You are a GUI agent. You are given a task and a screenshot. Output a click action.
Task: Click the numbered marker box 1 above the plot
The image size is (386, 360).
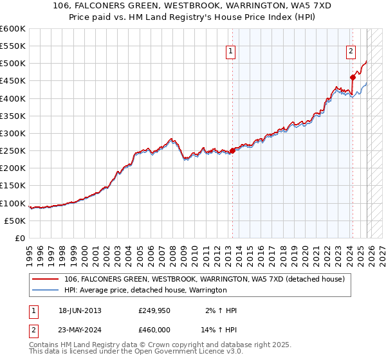tap(230, 53)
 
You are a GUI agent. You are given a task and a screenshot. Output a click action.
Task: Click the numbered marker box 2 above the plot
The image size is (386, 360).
tap(351, 53)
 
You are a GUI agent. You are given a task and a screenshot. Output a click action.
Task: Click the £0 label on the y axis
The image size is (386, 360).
tap(20, 238)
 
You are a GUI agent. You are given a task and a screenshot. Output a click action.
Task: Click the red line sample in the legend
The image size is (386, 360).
tap(46, 279)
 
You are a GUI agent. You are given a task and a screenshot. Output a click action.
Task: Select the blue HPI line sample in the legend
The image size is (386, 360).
tap(46, 290)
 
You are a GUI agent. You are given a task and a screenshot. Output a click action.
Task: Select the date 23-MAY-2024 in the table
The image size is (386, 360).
tap(80, 329)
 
